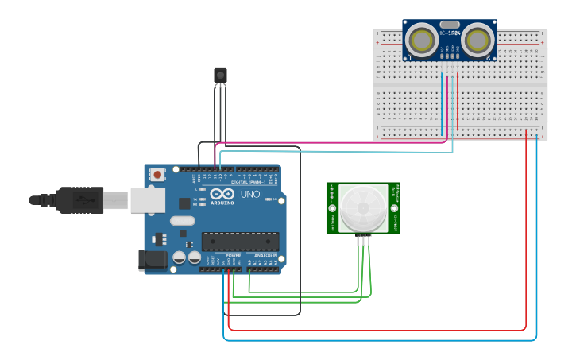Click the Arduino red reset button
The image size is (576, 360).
158,174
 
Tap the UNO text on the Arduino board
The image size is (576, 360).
249,194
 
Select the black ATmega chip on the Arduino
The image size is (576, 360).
240,242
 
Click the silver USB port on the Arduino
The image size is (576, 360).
147,200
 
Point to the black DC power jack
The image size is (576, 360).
152,260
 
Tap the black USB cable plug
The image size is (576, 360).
79,200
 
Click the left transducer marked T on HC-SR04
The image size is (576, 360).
423,41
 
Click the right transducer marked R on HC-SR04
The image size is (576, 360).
477,41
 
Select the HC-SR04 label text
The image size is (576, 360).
450,34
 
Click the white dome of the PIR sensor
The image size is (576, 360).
364,209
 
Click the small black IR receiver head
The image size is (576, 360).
220,75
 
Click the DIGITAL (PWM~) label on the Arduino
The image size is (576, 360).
247,182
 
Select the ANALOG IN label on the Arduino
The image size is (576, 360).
265,255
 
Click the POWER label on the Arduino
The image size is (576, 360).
233,255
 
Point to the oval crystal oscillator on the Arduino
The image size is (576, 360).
182,222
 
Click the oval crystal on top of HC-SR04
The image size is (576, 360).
450,25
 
